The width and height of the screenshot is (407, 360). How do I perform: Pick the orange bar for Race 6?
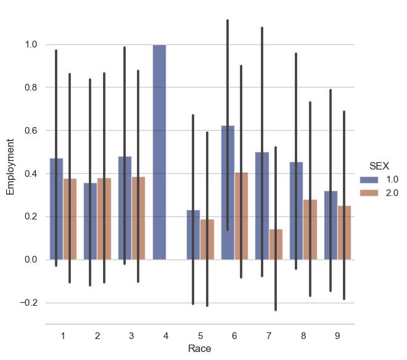click(241, 216)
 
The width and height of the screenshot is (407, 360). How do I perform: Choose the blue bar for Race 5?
click(194, 235)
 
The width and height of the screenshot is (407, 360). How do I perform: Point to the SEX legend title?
click(379, 166)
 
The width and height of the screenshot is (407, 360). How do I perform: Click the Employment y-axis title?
click(10, 167)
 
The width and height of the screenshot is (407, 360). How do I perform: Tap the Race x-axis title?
click(200, 349)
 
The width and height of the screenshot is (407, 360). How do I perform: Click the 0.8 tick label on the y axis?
click(31, 88)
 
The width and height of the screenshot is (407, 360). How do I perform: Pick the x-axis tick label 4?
click(166, 335)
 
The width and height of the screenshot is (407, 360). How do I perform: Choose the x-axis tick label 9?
click(337, 335)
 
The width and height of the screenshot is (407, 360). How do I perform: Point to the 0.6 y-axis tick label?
click(31, 131)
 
